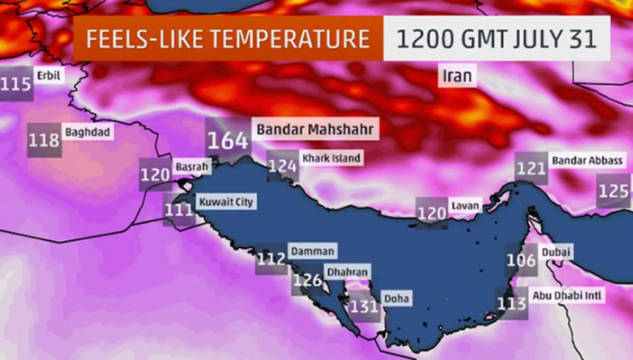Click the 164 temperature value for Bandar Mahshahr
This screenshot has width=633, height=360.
(227, 140)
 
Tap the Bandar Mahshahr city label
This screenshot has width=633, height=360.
(315, 129)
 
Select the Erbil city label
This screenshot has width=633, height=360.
(49, 76)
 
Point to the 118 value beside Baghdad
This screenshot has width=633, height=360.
(44, 140)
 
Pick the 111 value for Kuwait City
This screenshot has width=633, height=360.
(178, 210)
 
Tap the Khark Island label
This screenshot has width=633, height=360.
(331, 158)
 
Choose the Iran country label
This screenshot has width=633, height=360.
(457, 76)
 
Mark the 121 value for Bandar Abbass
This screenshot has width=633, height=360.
(531, 168)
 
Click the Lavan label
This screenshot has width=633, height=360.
(465, 205)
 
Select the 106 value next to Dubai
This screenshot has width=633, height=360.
(521, 260)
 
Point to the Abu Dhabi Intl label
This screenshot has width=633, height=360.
(567, 295)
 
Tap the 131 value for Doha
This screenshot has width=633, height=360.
(364, 306)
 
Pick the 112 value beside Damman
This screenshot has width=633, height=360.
(271, 259)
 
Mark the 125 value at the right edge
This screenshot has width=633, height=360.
(614, 191)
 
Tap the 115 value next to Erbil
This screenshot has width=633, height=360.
(16, 84)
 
